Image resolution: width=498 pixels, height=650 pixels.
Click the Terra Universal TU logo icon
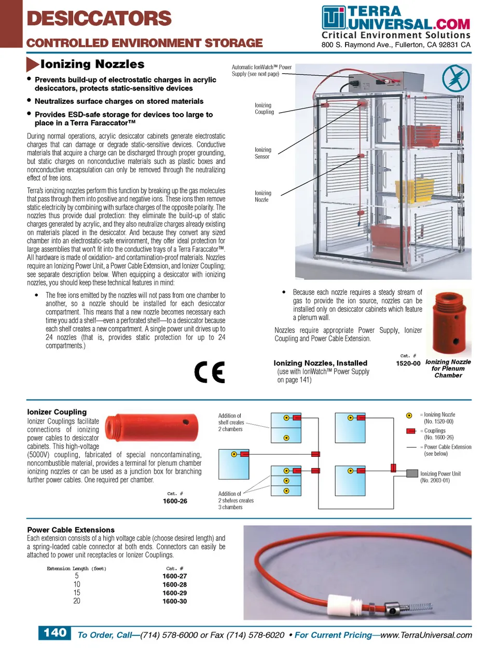[333, 18]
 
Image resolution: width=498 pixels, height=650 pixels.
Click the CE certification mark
[210, 372]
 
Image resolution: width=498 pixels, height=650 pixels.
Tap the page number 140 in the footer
[54, 633]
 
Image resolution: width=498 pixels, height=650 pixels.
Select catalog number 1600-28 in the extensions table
[175, 585]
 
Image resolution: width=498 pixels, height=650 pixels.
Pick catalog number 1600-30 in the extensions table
[175, 601]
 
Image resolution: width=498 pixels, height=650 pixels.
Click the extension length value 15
[77, 593]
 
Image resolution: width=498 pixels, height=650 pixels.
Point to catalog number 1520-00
[408, 363]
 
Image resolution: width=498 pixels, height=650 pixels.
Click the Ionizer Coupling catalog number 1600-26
[175, 501]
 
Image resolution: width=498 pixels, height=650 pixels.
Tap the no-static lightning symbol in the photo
[455, 79]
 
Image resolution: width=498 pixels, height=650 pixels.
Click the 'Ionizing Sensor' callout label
[262, 153]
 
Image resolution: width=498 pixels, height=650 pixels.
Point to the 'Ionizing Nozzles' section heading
[92, 64]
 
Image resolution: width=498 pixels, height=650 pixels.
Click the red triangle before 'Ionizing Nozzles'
[32, 64]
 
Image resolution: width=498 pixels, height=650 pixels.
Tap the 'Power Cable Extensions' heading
[71, 530]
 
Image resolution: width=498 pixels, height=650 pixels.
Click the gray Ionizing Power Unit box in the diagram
[412, 473]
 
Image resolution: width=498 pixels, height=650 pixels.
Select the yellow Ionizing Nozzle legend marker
[409, 415]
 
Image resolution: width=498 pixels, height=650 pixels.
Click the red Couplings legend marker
[411, 431]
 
